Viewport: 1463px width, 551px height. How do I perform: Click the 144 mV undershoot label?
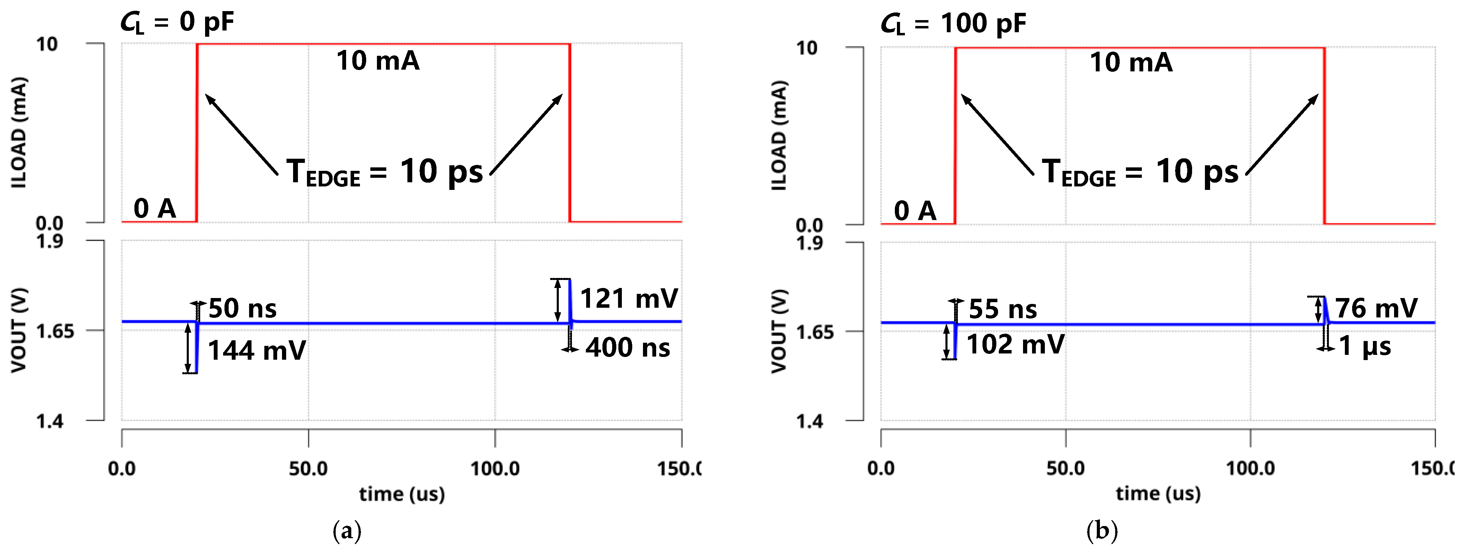(257, 350)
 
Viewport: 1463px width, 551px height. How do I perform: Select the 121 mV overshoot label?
(629, 299)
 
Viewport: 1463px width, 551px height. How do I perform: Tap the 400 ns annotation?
(627, 348)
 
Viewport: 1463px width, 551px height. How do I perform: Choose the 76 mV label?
(1376, 308)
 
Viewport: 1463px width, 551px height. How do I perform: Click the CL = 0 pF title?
(177, 23)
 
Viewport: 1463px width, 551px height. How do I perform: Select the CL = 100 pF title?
(953, 24)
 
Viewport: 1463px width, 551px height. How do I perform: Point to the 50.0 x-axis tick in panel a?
(308, 469)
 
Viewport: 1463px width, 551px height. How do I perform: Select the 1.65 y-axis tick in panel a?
(55, 331)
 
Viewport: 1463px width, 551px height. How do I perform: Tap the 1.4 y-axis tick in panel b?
(809, 421)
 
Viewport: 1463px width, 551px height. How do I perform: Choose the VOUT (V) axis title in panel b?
(779, 331)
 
